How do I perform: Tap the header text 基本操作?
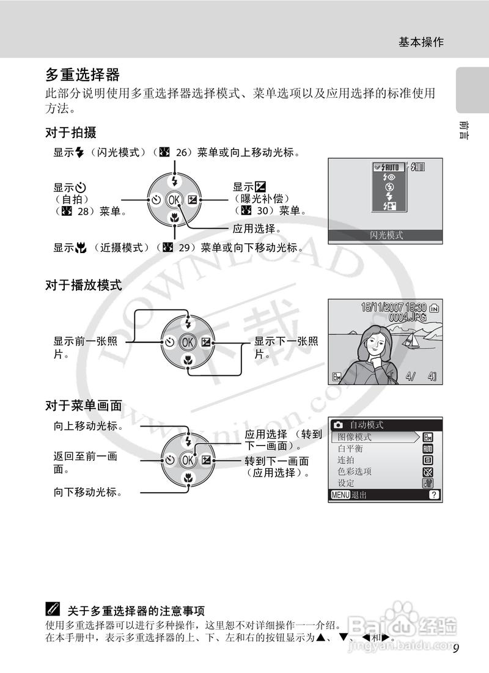pyautogui.click(x=421, y=42)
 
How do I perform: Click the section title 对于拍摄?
pyautogui.click(x=70, y=132)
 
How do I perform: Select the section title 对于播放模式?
pyautogui.click(x=83, y=285)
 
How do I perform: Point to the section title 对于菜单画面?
pyautogui.click(x=83, y=405)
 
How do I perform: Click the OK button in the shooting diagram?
pyautogui.click(x=175, y=199)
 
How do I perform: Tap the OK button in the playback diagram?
pyautogui.click(x=188, y=342)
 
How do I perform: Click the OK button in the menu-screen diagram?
pyautogui.click(x=188, y=460)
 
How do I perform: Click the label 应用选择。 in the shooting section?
pyautogui.click(x=257, y=229)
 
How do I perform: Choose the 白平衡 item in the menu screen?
pyautogui.click(x=350, y=449)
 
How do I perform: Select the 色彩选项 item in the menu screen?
pyautogui.click(x=355, y=472)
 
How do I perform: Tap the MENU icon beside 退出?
pyautogui.click(x=340, y=495)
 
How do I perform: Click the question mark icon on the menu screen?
pyautogui.click(x=433, y=495)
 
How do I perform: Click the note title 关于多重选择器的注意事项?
pyautogui.click(x=136, y=610)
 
